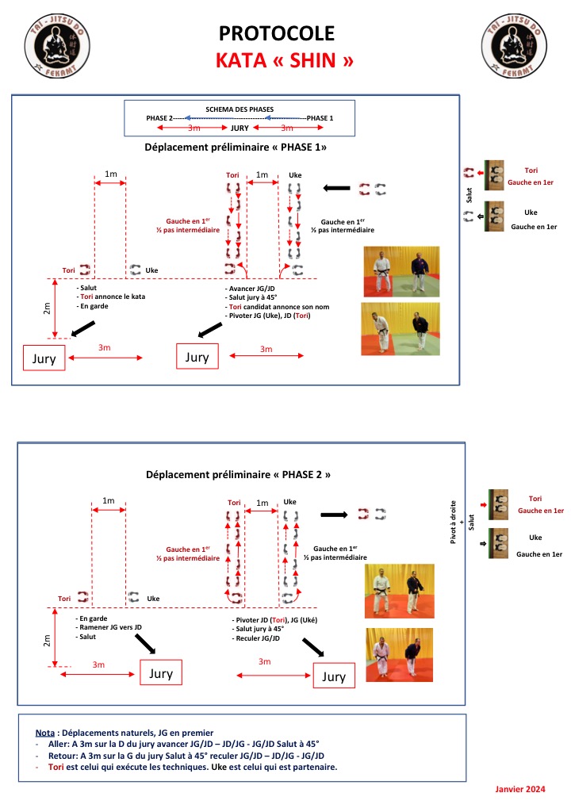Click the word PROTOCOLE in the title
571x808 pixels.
(277, 33)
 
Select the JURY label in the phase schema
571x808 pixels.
(240, 128)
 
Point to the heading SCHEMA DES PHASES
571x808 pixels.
(240, 109)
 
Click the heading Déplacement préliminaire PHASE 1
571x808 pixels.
(236, 147)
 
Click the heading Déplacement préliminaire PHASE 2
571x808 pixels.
(238, 474)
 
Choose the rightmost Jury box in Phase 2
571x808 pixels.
(334, 676)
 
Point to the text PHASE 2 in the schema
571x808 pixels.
(161, 118)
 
